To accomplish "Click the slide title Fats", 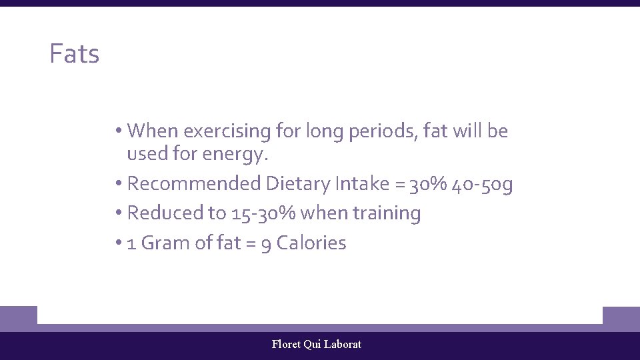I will point(74,54).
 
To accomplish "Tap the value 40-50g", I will point(482,183).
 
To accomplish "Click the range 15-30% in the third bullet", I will point(264,213).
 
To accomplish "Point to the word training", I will point(387,213).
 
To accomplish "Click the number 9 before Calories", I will point(265,243).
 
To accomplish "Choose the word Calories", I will point(311,243).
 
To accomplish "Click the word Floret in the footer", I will point(286,344).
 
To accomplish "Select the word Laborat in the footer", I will point(342,344).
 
